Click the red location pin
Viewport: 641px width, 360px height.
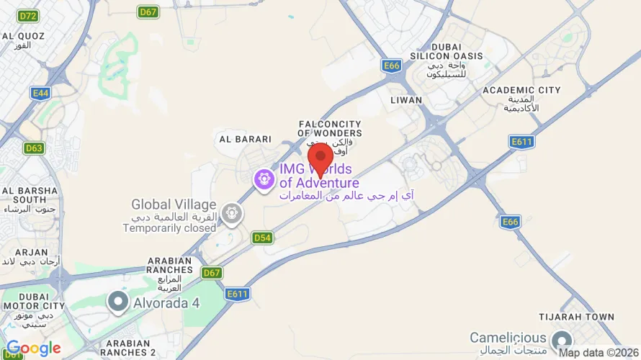pos(320,156)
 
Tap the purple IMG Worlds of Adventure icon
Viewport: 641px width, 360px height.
pos(264,178)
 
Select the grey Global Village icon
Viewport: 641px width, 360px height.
pos(231,213)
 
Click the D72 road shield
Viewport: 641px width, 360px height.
pos(29,15)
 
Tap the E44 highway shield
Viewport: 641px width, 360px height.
pos(40,93)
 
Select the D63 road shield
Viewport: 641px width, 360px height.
pos(34,148)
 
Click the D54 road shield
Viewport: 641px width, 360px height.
pos(262,237)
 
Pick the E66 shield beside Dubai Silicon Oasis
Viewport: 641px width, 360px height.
pos(391,66)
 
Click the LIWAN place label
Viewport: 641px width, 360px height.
pos(405,99)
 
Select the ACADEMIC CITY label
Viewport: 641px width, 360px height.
pos(521,90)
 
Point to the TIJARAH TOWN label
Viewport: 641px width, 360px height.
pos(576,317)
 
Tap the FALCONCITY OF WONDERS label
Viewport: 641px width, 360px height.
pos(330,129)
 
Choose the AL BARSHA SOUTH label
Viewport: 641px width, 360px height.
pos(29,195)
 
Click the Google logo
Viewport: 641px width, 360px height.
pos(33,349)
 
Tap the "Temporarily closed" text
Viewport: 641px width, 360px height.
pos(169,228)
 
